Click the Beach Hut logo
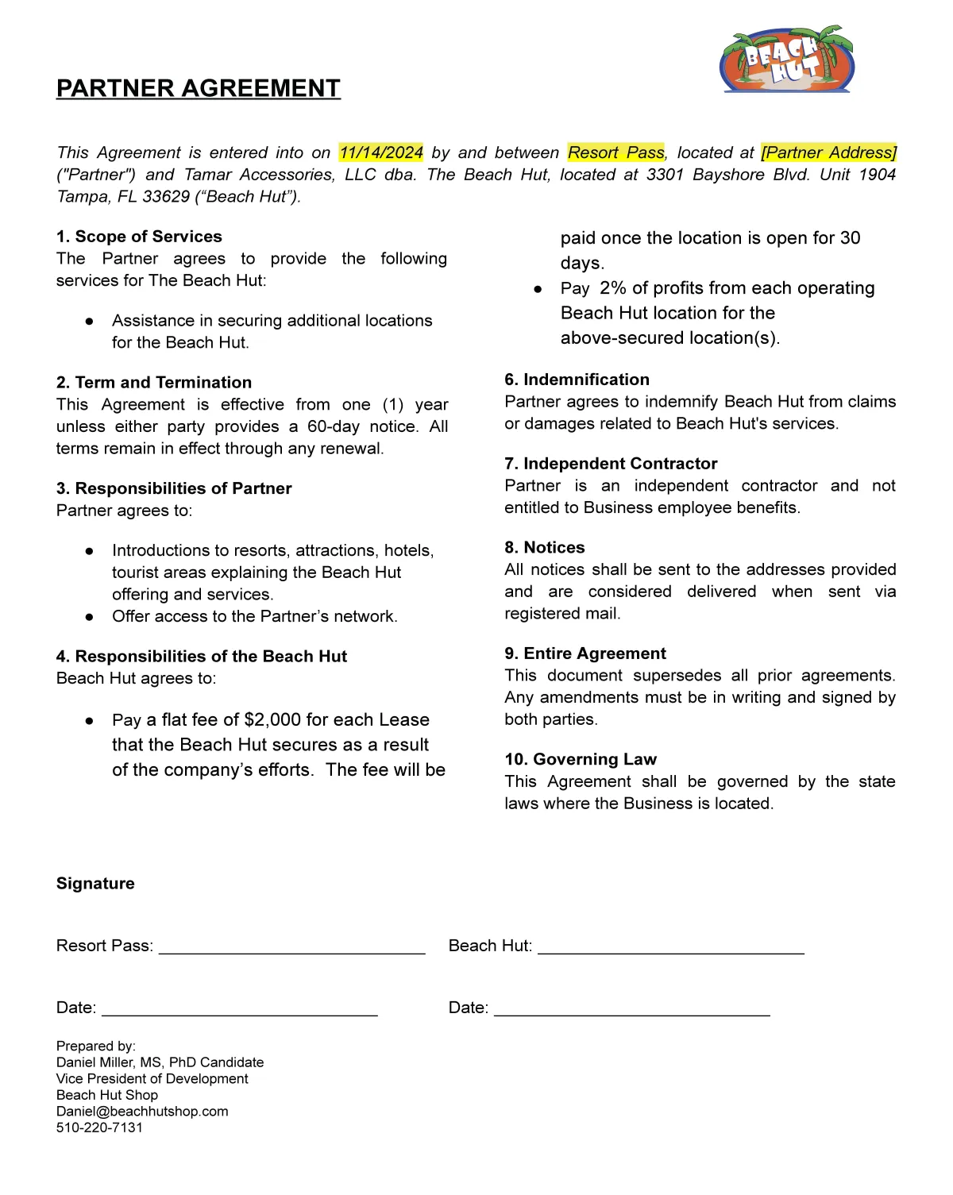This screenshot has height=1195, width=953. (786, 60)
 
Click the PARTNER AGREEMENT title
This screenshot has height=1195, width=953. (199, 88)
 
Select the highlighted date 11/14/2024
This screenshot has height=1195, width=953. (381, 152)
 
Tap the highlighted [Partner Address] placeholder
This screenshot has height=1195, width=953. (828, 152)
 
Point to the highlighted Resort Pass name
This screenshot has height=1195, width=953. (616, 152)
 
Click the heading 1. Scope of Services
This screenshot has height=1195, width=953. (139, 237)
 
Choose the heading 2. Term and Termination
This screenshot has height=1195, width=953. (154, 383)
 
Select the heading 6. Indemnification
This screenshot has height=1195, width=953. (577, 380)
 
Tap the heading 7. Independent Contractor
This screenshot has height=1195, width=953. (611, 464)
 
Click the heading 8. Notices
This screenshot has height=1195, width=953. (545, 548)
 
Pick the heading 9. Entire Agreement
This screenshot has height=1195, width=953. (585, 653)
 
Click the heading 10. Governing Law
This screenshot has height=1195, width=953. (581, 760)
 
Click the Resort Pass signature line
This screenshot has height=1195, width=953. (292, 948)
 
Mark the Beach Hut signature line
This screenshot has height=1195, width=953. (671, 948)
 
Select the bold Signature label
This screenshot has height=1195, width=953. (95, 884)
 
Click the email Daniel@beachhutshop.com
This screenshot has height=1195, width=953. (142, 1112)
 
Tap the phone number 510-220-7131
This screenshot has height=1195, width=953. (99, 1128)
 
